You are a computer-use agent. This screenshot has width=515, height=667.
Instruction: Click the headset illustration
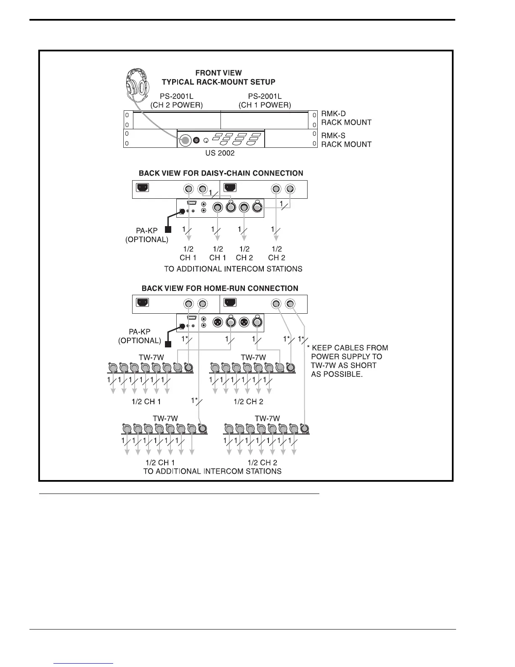[138, 86]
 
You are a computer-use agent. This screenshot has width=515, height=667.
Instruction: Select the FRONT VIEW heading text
[218, 73]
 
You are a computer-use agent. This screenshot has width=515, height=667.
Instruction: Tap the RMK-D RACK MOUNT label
[346, 118]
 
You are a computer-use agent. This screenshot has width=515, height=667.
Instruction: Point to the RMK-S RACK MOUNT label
[346, 140]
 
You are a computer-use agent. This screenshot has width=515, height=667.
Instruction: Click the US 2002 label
[220, 153]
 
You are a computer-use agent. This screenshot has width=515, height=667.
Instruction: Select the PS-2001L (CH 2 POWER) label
[176, 101]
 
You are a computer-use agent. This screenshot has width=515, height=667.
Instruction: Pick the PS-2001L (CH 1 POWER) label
[265, 101]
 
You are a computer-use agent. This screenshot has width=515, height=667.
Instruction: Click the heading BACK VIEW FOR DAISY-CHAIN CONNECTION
[221, 173]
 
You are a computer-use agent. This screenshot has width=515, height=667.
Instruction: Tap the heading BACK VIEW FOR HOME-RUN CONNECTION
[220, 288]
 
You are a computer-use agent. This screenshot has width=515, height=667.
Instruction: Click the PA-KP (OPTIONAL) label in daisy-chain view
[147, 235]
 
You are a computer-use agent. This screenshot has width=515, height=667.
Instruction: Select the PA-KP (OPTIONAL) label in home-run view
[139, 336]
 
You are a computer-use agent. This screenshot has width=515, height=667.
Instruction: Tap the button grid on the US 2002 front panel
[237, 139]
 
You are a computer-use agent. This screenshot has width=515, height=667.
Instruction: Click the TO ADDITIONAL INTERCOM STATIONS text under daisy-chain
[233, 269]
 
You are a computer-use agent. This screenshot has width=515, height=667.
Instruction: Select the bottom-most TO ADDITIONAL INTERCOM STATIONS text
[212, 471]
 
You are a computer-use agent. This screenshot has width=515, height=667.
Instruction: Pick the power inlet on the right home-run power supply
[230, 302]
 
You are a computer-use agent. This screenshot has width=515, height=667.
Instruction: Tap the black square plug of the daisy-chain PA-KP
[168, 229]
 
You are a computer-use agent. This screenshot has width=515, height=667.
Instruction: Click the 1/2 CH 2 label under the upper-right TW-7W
[248, 402]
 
